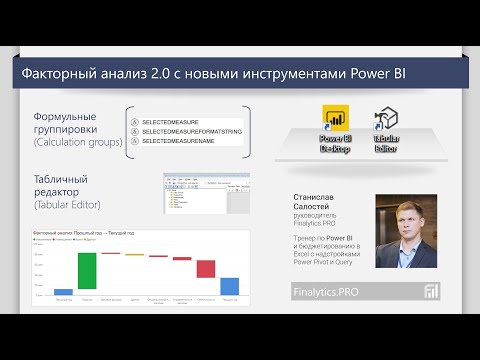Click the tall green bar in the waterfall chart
click(x=87, y=270)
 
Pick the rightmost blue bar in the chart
click(x=229, y=286)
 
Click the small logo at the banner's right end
click(x=432, y=291)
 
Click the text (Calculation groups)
click(x=74, y=141)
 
